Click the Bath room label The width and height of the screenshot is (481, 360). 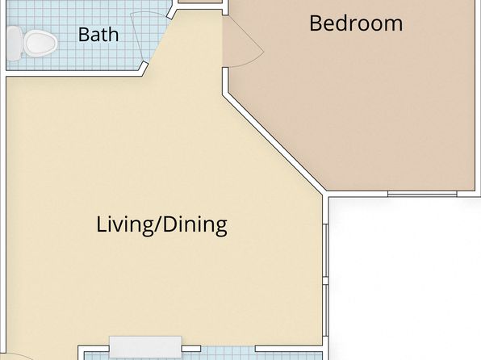coord(98,35)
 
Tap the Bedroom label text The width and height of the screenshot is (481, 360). coord(356,23)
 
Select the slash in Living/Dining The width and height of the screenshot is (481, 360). coord(156,224)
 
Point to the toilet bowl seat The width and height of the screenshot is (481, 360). coord(40,44)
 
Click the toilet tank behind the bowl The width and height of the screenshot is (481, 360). coord(14,44)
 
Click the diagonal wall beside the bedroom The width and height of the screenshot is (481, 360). coord(273,144)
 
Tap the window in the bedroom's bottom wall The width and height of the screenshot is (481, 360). coord(422,194)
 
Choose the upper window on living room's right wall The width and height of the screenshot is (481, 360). coord(325,251)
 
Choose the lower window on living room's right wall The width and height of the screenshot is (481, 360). coord(325,310)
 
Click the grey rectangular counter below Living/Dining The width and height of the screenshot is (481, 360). coord(145,347)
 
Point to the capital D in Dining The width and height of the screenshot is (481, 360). coord(169,224)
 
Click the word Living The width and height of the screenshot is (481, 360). coord(123,225)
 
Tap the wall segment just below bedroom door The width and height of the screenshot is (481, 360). coord(225,81)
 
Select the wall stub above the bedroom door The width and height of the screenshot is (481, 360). coord(225,7)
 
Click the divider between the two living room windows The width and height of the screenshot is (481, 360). coord(325,281)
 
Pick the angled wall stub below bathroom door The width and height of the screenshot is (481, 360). coord(144,69)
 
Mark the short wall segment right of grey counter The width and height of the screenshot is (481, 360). coord(191,349)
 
